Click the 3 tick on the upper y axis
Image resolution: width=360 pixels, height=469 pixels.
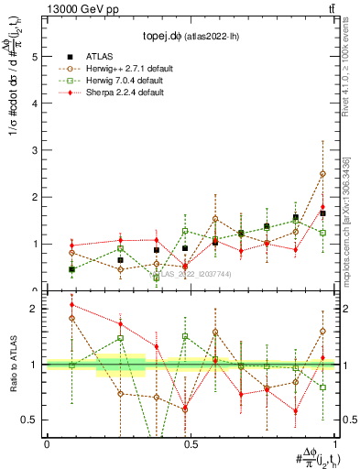pyautogui.click(x=34, y=150)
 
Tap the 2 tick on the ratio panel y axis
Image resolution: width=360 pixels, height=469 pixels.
pyautogui.click(x=34, y=309)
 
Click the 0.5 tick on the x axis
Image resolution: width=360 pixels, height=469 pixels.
pyautogui.click(x=191, y=443)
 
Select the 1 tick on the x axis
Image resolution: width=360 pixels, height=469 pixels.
pyautogui.click(x=334, y=443)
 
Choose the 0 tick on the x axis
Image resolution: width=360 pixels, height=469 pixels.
pyautogui.click(x=47, y=443)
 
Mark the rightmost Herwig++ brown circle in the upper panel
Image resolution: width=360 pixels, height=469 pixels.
pyautogui.click(x=322, y=174)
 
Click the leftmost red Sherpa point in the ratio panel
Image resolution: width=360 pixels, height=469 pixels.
pyautogui.click(x=71, y=305)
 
